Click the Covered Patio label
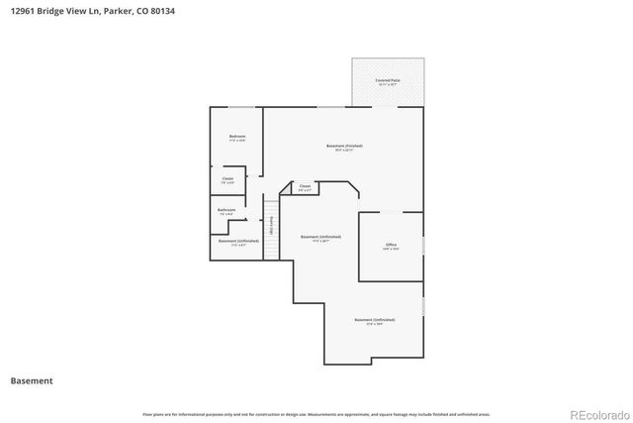[387, 79]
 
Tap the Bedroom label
[237, 136]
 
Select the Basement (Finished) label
[344, 146]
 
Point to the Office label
[391, 244]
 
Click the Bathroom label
[226, 209]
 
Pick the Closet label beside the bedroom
[227, 178]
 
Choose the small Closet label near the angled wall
[305, 185]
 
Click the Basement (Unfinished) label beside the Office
[320, 237]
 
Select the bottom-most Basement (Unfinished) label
[374, 320]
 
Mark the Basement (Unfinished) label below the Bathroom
[238, 241]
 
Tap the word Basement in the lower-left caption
[32, 380]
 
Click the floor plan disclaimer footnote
[316, 414]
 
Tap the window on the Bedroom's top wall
[239, 106]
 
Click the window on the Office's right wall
[423, 244]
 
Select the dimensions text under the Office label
[391, 249]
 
